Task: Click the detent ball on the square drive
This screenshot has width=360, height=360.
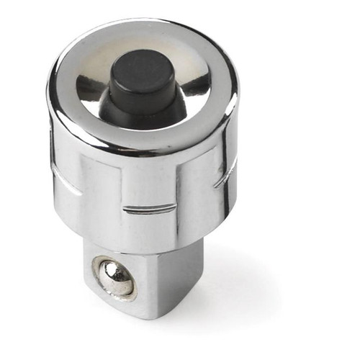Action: pyautogui.click(x=115, y=277)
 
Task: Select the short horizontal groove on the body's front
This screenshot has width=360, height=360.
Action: pyautogui.click(x=149, y=209)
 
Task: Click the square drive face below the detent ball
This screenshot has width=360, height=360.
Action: pyautogui.click(x=119, y=306)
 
